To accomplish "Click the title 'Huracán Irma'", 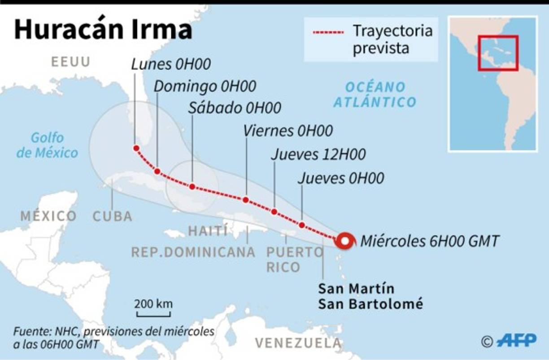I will pyautogui.click(x=104, y=30).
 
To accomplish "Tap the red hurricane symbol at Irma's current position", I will pyautogui.click(x=345, y=241).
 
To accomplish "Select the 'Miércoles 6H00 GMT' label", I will pyautogui.click(x=430, y=241).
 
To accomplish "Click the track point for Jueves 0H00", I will pyautogui.click(x=302, y=225).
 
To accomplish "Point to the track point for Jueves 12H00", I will pyautogui.click(x=274, y=211).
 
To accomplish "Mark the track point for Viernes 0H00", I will pyautogui.click(x=246, y=200).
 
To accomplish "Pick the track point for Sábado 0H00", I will pyautogui.click(x=192, y=186).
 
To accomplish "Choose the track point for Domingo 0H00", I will pyautogui.click(x=157, y=171).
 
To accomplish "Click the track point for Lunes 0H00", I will pyautogui.click(x=136, y=148).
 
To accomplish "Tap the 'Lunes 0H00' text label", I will pyautogui.click(x=171, y=64).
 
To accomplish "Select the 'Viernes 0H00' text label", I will pyautogui.click(x=288, y=131).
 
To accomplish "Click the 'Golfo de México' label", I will pyautogui.click(x=47, y=145).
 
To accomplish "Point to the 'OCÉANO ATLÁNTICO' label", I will pyautogui.click(x=375, y=94).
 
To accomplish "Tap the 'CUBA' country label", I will pyautogui.click(x=113, y=216).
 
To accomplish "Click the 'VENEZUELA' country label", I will pyautogui.click(x=298, y=343).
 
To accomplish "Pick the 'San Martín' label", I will pyautogui.click(x=356, y=288).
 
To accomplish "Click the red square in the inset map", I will pyautogui.click(x=498, y=53).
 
